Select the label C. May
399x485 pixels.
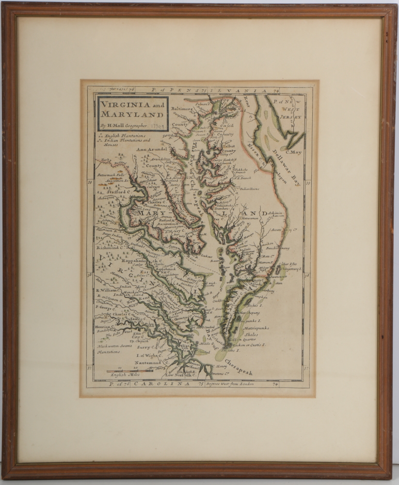click(294, 152)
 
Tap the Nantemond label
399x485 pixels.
click(144, 364)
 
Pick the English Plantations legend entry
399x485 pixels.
click(126, 136)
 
